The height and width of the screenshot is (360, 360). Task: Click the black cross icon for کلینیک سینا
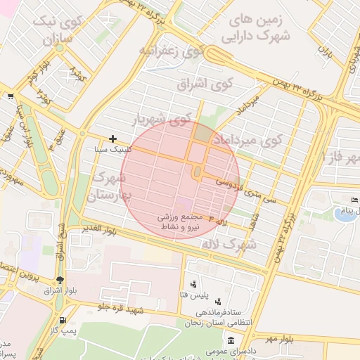[x=112, y=139]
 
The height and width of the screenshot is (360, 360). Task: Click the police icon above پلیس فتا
[x=193, y=284]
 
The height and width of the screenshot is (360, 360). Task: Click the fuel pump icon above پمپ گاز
[x=64, y=319]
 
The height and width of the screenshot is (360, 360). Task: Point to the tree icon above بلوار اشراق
[x=60, y=279]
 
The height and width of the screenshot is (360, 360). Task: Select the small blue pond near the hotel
[x=344, y=214]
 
